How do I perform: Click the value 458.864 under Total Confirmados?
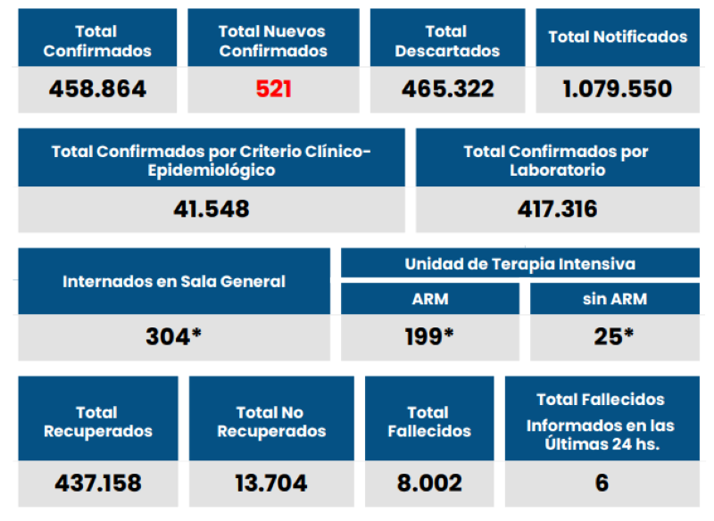[x=97, y=89]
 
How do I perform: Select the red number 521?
[x=273, y=89]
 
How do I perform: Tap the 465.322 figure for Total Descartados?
[x=447, y=89]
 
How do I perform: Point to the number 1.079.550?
[x=618, y=89]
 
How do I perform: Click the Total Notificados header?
[x=618, y=37]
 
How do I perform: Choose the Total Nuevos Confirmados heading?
[x=273, y=41]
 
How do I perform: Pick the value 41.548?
[x=211, y=210]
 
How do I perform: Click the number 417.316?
[x=557, y=210]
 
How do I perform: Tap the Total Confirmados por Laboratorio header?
[x=557, y=160]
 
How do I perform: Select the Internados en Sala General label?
[x=174, y=282]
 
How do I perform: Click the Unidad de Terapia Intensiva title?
[x=519, y=264]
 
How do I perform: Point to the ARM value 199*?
[x=429, y=337]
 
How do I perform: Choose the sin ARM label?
[x=614, y=300]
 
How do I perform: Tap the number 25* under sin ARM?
[x=614, y=337]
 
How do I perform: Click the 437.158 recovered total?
[x=97, y=484]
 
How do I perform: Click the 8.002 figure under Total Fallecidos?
[x=429, y=484]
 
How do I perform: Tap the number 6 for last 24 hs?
[x=602, y=484]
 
